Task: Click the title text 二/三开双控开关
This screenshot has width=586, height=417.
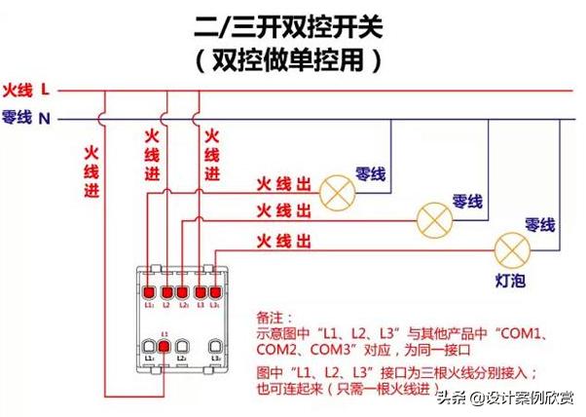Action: click(292, 23)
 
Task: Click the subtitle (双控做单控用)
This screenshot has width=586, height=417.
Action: click(292, 59)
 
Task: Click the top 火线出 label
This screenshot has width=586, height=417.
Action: click(283, 183)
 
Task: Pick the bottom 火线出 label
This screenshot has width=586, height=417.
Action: click(283, 241)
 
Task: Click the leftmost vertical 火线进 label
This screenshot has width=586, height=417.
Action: click(92, 171)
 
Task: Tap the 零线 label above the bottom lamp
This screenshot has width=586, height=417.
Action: click(539, 225)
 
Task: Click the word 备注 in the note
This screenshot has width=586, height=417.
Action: click(270, 318)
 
